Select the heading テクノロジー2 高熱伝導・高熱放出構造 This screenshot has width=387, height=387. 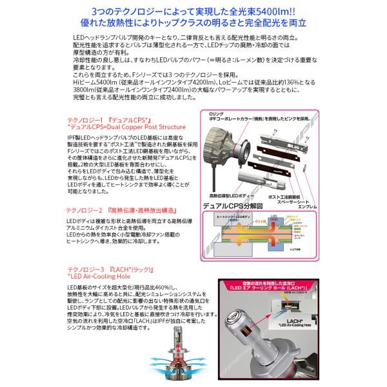[126, 211]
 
